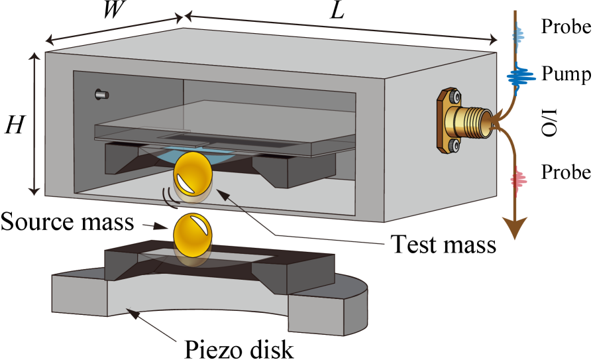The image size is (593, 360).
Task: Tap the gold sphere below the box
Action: pyautogui.click(x=192, y=235)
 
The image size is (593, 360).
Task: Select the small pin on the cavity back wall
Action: pyautogui.click(x=101, y=95)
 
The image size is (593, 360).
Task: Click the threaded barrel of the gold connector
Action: pyautogui.click(x=476, y=123)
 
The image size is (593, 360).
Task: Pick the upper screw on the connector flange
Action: pyautogui.click(x=454, y=97)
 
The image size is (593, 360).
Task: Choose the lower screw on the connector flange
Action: pyautogui.click(x=453, y=145)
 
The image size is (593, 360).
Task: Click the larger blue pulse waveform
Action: pyautogui.click(x=521, y=78)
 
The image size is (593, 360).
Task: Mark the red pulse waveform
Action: pyautogui.click(x=518, y=179)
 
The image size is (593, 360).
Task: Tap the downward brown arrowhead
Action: pyautogui.click(x=514, y=227)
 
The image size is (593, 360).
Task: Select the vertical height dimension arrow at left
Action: pyautogui.click(x=34, y=124)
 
